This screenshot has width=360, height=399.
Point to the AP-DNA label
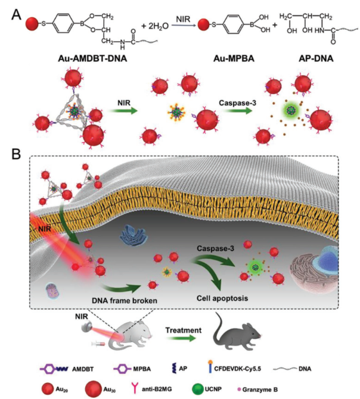coord(308,60)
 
